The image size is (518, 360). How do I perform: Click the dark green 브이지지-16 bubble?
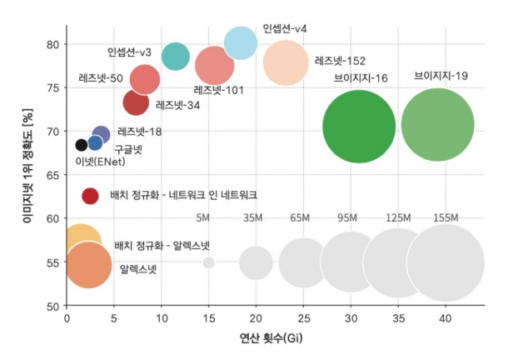point(358,127)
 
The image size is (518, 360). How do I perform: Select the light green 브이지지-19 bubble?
point(436,126)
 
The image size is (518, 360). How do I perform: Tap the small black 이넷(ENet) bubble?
point(81,145)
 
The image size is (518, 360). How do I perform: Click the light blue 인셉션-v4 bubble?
point(241,43)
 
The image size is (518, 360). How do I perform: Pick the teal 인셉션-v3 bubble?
point(176,56)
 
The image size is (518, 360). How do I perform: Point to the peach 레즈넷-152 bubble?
point(286,63)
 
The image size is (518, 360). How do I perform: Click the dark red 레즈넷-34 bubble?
point(136,102)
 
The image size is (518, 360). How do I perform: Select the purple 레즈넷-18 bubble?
point(101,134)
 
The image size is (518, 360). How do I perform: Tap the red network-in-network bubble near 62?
point(91,196)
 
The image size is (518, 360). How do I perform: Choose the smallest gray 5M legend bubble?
point(208,263)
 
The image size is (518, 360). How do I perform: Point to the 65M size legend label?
point(301,218)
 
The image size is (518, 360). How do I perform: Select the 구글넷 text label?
point(128,149)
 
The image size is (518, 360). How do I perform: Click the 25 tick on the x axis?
point(303,317)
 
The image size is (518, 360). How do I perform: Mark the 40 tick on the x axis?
point(446,317)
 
